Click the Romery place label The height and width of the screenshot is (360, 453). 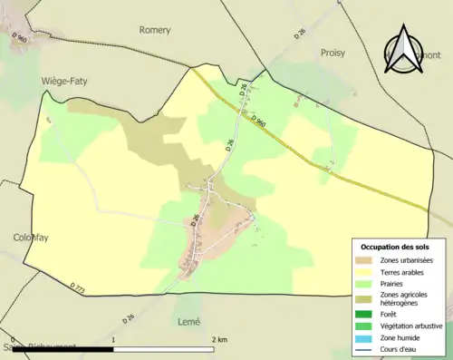click(x=155, y=30)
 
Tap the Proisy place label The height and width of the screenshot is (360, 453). click(x=333, y=53)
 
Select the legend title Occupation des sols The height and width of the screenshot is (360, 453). click(x=397, y=247)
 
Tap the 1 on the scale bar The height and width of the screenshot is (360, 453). click(x=112, y=339)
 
